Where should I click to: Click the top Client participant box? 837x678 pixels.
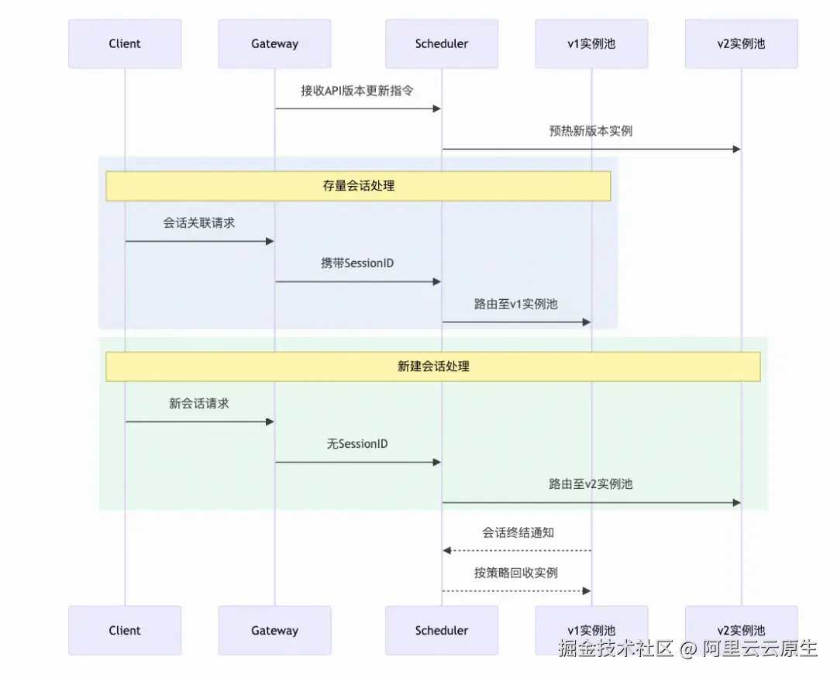[125, 44]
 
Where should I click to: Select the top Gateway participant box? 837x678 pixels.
[274, 44]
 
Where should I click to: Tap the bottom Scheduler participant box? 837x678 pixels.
[442, 630]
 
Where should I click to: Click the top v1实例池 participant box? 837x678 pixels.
[591, 44]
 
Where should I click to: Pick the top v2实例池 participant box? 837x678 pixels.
[741, 44]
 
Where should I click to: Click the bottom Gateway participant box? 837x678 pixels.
[274, 630]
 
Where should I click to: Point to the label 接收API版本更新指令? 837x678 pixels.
[357, 91]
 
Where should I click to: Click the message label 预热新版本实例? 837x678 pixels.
[591, 131]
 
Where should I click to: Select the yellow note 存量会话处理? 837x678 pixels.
[358, 186]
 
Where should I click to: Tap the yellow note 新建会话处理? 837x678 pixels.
[433, 367]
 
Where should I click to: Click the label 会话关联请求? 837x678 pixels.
[199, 223]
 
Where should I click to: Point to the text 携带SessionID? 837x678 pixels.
[357, 263]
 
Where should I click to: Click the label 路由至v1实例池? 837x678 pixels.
[516, 305]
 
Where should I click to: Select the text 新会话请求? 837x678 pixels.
[199, 404]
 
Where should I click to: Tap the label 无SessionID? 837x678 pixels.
[357, 444]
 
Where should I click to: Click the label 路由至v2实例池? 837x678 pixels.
[591, 484]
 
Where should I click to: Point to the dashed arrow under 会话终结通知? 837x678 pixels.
[516, 550]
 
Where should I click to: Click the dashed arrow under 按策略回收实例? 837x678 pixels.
[516, 590]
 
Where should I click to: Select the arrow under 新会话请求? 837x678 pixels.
[199, 422]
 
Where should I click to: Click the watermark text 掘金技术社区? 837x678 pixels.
[615, 649]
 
